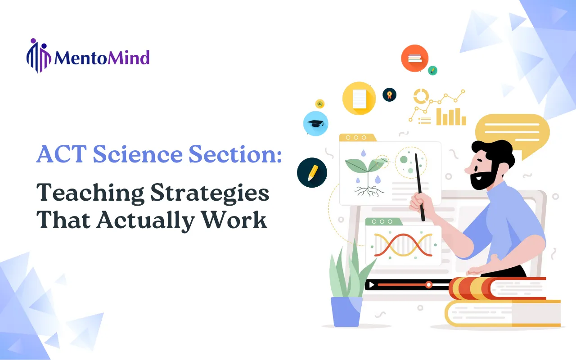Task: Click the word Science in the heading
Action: click(x=138, y=154)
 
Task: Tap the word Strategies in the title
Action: click(x=210, y=193)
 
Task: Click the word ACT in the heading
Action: click(x=62, y=154)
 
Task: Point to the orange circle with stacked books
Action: click(x=414, y=58)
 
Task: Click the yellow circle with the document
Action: click(x=359, y=98)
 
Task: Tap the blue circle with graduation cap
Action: click(x=315, y=123)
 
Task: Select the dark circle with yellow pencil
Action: click(x=312, y=172)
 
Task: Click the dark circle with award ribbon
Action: click(x=389, y=94)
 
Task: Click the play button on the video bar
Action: click(x=372, y=285)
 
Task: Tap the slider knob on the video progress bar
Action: click(x=429, y=285)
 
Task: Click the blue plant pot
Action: click(x=346, y=312)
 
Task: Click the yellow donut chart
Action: click(x=421, y=96)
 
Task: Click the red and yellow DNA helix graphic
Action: click(x=403, y=245)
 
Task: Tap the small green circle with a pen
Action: click(x=432, y=70)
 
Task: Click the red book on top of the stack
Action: click(x=498, y=288)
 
